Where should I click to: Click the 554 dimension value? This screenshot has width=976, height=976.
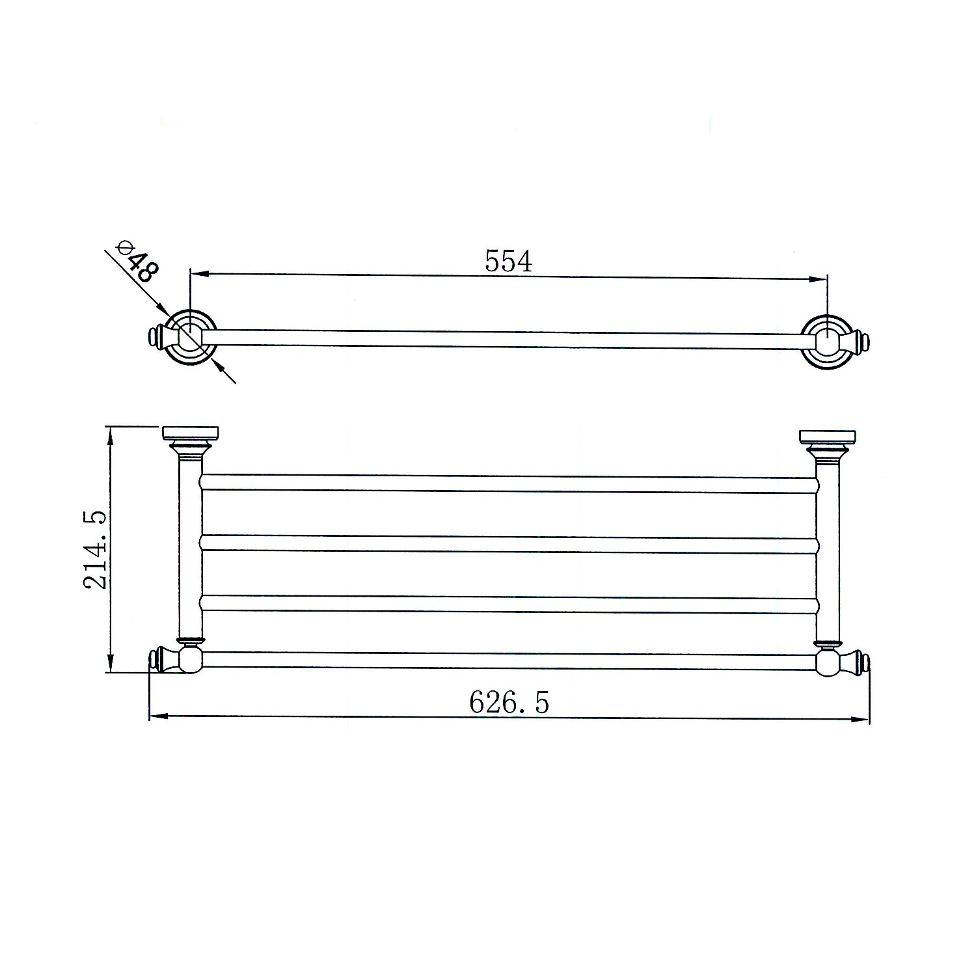click(x=509, y=261)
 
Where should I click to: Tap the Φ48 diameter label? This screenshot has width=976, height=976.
click(x=135, y=262)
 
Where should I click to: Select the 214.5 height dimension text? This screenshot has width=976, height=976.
click(x=94, y=550)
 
